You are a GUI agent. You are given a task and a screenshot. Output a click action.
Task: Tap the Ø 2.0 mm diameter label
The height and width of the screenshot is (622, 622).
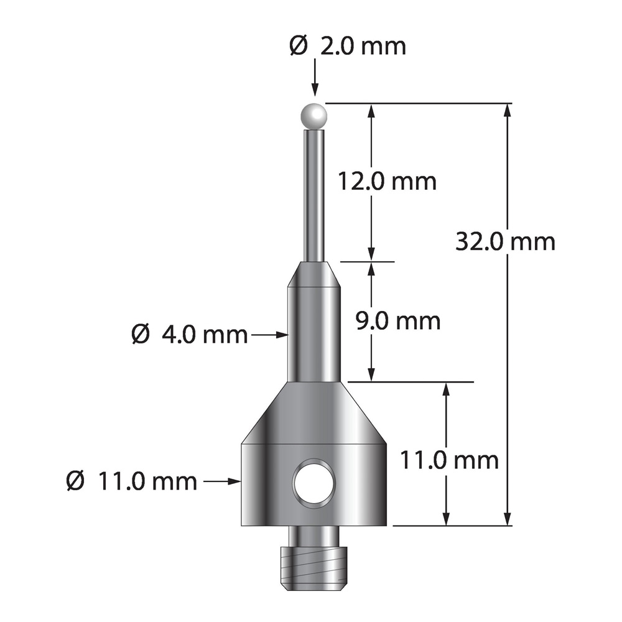tap(348, 47)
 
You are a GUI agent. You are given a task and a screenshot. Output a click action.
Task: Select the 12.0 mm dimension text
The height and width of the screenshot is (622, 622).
tap(387, 182)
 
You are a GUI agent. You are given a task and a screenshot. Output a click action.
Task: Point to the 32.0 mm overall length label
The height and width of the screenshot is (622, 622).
tap(505, 241)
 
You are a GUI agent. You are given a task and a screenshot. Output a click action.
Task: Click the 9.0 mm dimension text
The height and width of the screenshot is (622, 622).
tap(398, 321)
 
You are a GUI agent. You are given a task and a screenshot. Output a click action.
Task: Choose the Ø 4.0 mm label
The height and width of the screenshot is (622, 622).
tap(189, 335)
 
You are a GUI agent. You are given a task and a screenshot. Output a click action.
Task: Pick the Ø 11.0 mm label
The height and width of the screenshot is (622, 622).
tap(132, 481)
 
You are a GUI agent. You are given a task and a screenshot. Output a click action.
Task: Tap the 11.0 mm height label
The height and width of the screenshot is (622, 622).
tap(449, 460)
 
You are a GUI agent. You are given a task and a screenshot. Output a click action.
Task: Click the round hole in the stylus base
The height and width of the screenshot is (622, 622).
tap(313, 483)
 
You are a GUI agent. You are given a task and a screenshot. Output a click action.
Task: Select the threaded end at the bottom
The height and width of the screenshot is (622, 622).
tap(313, 568)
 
